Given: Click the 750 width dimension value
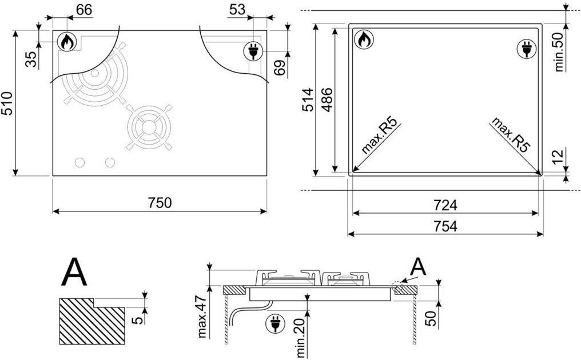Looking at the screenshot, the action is click(160, 203).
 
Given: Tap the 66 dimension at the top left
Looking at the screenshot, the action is click(84, 10).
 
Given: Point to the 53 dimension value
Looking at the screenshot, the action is click(237, 10).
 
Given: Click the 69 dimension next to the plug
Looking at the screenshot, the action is click(281, 67).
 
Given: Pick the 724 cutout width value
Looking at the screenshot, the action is click(445, 205).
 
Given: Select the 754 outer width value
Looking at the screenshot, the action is click(445, 226).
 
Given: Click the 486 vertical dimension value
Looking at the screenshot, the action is click(327, 99).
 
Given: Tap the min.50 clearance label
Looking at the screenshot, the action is click(559, 52).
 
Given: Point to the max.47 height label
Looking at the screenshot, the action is click(202, 317).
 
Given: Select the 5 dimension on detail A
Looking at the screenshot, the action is click(137, 319).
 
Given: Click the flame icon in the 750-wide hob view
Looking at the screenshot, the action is click(67, 42).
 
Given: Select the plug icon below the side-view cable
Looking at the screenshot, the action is click(275, 323).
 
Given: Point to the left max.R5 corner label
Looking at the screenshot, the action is click(380, 135).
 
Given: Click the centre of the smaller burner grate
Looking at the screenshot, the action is click(149, 127).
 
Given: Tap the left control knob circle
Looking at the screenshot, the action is click(79, 163).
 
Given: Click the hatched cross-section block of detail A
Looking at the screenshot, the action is click(92, 321).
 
